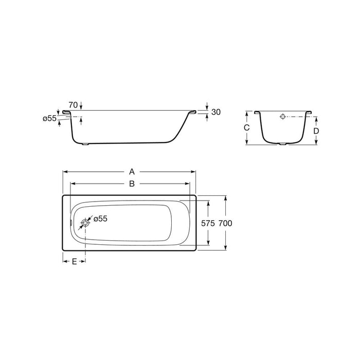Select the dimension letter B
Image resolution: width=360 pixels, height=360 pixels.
pos(132,183)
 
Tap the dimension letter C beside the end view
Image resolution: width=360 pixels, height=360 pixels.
pos(246,128)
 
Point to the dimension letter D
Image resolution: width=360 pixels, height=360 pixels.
pos(316,131)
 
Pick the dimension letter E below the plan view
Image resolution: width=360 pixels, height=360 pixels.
pos(74,262)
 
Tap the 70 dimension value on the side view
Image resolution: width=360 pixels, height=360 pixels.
pos(73,105)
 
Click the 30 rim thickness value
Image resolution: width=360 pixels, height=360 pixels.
pos(215,113)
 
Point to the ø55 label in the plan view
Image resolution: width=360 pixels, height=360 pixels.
pos(99,219)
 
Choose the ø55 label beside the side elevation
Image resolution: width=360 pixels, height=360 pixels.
pos(49,118)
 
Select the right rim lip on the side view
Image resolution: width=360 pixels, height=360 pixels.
pos(192,112)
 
